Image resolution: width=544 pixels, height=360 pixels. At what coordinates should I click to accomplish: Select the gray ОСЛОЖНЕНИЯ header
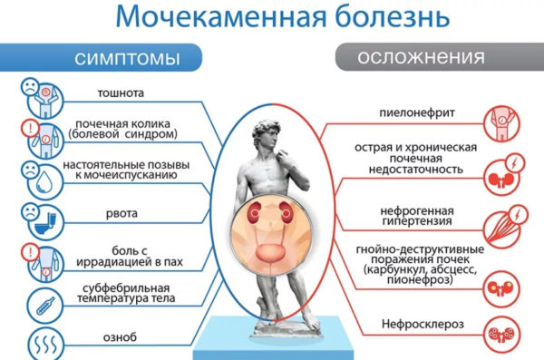click(x=420, y=57)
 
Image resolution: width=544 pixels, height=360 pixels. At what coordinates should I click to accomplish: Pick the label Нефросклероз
click(x=417, y=325)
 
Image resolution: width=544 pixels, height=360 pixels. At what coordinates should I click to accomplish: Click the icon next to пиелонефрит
click(x=502, y=114)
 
